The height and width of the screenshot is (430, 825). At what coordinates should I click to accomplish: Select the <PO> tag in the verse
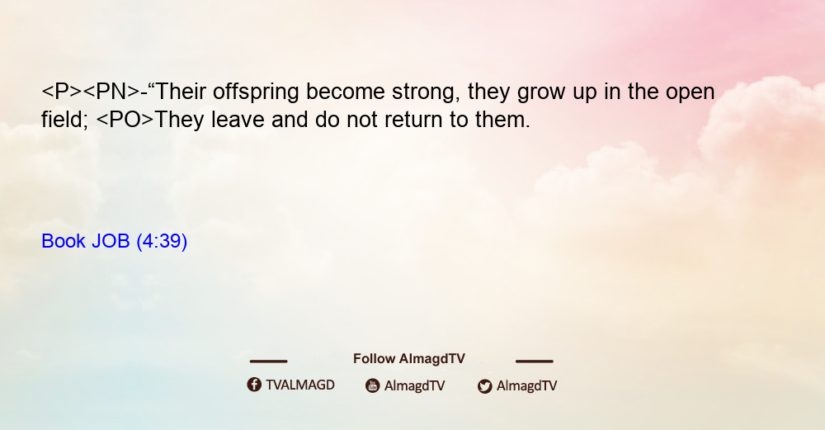125,120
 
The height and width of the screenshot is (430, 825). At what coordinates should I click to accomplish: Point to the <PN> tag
111,92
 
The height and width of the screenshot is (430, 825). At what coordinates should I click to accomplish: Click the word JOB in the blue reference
111,241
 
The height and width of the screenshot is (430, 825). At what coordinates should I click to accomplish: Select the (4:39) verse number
162,241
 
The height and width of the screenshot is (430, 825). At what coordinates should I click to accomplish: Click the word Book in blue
64,241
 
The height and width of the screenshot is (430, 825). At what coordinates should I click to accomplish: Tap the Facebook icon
254,385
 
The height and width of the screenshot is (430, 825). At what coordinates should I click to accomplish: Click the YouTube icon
373,385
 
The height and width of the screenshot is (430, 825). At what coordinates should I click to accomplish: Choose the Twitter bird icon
484,386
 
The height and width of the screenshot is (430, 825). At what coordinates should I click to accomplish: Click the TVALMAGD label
300,385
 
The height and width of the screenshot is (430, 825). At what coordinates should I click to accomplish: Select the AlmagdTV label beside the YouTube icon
415,385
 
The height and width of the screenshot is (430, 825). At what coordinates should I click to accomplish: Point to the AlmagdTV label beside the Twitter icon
526,385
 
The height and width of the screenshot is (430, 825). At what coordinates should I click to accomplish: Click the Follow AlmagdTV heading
409,358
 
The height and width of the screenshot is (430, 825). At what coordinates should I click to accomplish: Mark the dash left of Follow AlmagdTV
268,361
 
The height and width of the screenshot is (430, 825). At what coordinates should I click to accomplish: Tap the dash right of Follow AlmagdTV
535,361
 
